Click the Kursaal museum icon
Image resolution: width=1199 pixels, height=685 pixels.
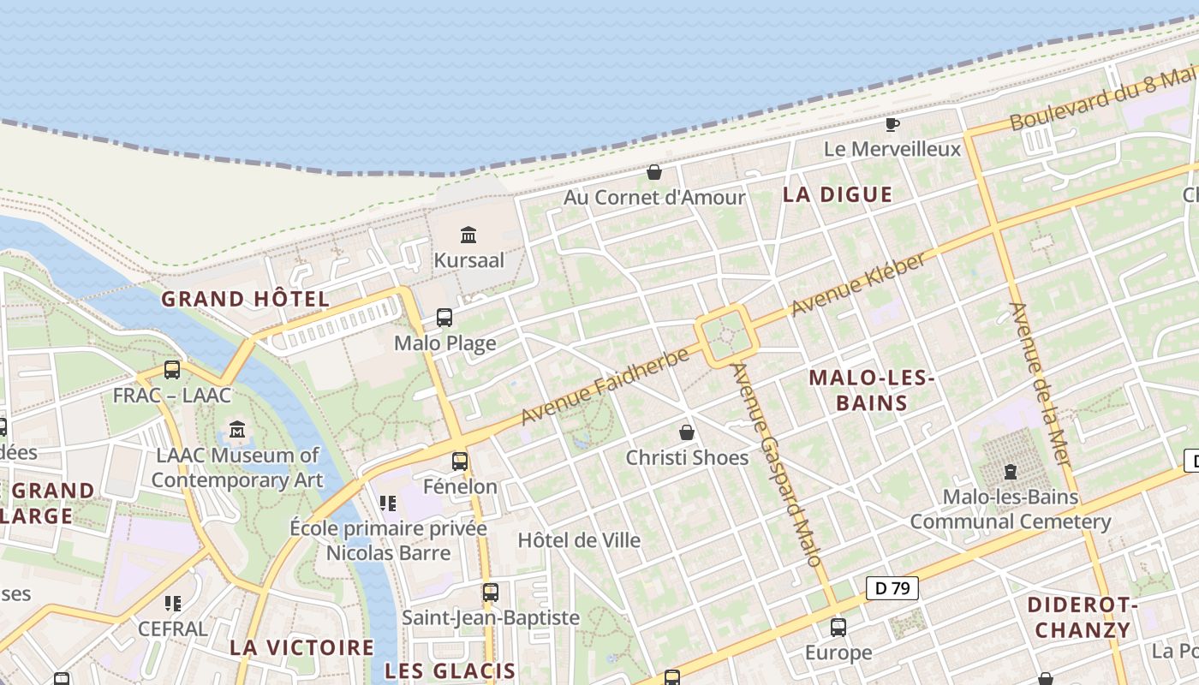point(468,235)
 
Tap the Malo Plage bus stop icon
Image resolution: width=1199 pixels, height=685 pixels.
point(444,318)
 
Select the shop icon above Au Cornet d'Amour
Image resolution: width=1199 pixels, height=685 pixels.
point(654,172)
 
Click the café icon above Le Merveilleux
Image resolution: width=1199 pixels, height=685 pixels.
point(892,124)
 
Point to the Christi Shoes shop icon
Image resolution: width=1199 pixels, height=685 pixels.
point(687,432)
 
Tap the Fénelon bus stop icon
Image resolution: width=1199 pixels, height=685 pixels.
point(460,462)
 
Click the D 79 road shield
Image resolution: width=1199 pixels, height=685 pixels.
point(892,588)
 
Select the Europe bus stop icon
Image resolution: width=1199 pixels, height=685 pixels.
point(838,628)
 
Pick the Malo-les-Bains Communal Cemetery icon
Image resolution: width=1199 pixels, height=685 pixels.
point(1011,471)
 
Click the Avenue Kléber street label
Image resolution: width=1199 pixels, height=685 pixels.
point(858,284)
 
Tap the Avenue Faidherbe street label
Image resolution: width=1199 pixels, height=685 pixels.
point(605,386)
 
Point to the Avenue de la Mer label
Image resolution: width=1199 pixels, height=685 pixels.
point(1041,384)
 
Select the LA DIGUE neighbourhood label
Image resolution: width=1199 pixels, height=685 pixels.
point(838,194)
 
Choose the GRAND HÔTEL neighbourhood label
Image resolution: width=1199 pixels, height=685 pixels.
point(245,299)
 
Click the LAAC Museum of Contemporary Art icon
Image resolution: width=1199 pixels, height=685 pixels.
point(237,430)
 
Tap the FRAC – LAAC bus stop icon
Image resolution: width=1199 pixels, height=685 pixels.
point(172,370)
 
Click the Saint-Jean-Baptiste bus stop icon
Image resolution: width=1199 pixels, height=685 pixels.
point(491,592)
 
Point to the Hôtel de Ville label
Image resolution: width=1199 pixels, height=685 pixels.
point(579,540)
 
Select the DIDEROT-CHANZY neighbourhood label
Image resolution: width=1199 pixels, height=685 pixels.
point(1083,617)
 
